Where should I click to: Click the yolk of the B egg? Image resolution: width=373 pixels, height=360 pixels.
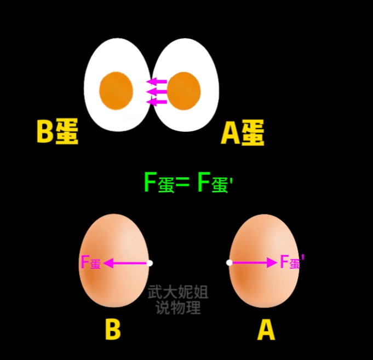click(x=116, y=91)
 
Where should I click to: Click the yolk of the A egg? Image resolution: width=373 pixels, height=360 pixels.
click(x=183, y=91)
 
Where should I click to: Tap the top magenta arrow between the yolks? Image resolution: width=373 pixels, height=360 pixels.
click(x=156, y=82)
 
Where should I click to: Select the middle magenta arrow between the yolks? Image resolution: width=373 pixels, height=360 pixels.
click(x=156, y=92)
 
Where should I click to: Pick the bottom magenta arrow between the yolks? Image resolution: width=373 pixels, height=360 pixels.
click(x=156, y=102)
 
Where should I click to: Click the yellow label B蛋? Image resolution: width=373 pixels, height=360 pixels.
click(x=58, y=131)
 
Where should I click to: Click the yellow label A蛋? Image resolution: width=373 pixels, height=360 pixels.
click(x=243, y=132)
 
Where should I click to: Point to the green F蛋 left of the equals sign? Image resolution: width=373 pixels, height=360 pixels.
click(x=159, y=182)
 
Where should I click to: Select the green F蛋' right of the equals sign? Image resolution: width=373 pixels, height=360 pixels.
click(x=215, y=182)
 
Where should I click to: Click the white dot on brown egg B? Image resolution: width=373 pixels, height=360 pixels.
click(x=150, y=263)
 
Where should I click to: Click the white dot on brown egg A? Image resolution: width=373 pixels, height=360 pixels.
click(x=229, y=263)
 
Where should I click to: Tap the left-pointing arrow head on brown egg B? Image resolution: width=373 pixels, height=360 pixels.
click(x=108, y=263)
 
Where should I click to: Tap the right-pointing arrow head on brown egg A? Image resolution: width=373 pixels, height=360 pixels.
click(x=272, y=263)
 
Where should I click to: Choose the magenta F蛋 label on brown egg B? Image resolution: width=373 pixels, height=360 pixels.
click(x=91, y=262)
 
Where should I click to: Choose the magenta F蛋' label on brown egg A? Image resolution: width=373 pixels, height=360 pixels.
click(x=292, y=262)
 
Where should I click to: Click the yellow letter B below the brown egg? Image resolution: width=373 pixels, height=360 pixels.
click(x=113, y=329)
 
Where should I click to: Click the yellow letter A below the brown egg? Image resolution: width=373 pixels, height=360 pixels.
click(x=266, y=330)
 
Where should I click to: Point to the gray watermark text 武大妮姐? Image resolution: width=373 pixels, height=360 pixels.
click(x=178, y=292)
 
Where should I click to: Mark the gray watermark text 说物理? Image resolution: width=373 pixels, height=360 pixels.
click(x=178, y=307)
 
